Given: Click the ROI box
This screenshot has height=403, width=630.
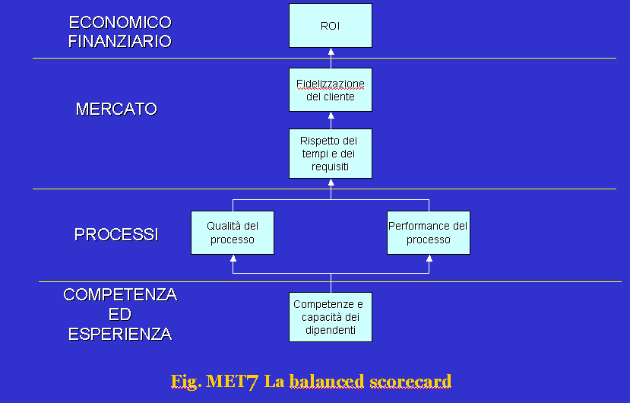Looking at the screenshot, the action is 331,25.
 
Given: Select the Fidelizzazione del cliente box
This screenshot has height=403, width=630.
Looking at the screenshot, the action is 331,90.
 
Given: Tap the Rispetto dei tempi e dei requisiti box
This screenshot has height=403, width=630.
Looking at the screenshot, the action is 331,154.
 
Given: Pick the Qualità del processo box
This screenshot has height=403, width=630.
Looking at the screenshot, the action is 233,233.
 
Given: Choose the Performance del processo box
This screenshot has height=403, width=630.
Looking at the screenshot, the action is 429,233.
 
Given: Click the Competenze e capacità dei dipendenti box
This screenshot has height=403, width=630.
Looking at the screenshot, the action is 331,317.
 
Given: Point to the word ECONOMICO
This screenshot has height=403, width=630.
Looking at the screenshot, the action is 120,23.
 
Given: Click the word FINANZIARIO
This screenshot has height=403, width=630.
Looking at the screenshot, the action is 120,41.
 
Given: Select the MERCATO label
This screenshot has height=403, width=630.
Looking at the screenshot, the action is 116,109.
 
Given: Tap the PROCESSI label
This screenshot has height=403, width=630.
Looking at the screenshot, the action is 116,234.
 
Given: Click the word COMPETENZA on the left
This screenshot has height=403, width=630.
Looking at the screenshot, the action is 120,295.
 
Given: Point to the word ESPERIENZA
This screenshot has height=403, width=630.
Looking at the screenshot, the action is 120,335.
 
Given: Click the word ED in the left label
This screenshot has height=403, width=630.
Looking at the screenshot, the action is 120,315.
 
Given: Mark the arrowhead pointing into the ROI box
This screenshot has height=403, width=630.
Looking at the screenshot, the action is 331,52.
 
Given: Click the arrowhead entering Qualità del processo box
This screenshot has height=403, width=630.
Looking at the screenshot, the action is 233,259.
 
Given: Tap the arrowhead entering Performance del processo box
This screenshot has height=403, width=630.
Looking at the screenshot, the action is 429,259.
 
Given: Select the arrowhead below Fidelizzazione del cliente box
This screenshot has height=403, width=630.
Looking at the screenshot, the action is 331,116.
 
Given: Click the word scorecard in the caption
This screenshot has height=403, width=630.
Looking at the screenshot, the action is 410,381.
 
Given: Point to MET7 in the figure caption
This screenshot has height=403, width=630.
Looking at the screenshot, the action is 232,382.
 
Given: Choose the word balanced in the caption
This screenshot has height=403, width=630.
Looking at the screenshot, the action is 327,381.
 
